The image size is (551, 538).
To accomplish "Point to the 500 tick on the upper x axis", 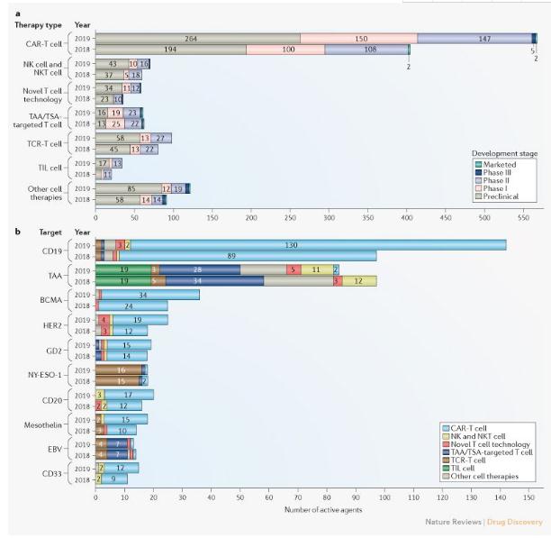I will click(483, 217).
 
